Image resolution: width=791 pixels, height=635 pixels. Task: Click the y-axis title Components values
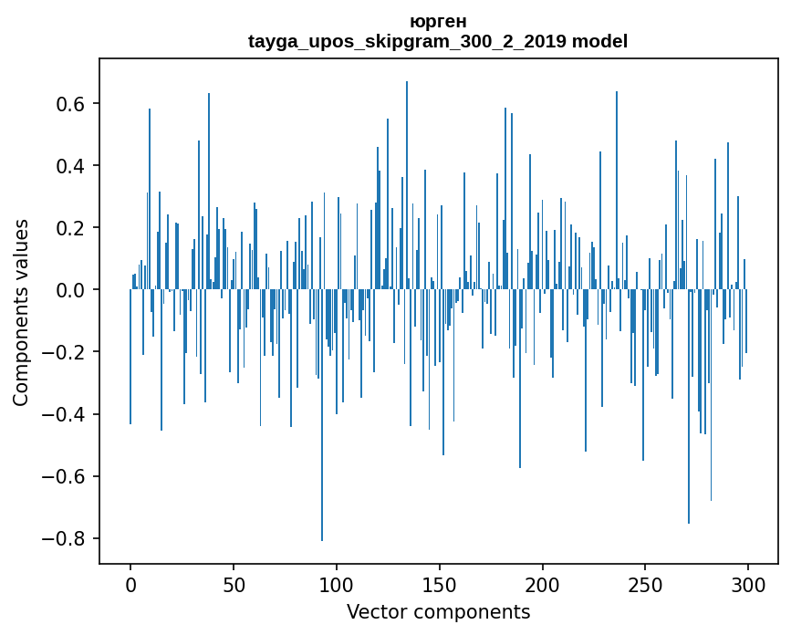click(21, 312)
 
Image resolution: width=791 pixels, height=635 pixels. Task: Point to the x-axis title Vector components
click(438, 611)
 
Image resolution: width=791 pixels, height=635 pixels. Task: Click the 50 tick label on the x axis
click(234, 584)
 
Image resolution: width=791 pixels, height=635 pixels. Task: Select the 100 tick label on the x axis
click(337, 584)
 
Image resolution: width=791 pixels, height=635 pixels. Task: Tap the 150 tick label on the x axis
click(440, 584)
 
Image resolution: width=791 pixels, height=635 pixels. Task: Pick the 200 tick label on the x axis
click(543, 584)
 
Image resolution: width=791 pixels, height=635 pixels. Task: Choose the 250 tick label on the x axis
click(646, 584)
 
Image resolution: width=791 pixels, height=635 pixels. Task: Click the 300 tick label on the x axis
click(748, 584)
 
